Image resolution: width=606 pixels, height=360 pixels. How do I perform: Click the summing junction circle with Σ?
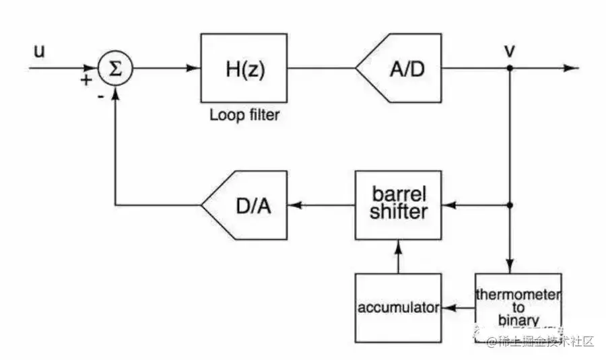tap(115, 69)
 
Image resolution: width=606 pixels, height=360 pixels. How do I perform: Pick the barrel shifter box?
tap(399, 204)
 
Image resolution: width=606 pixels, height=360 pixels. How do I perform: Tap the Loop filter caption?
tap(244, 114)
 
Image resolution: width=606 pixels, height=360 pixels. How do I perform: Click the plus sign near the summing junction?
tap(86, 81)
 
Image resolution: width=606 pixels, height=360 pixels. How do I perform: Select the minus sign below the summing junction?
tap(100, 96)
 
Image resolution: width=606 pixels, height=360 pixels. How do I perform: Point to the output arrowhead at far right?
tap(572, 69)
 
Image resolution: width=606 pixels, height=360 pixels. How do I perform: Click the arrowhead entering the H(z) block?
tap(195, 69)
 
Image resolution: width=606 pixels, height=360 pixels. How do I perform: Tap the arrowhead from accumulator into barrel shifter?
tap(399, 245)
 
